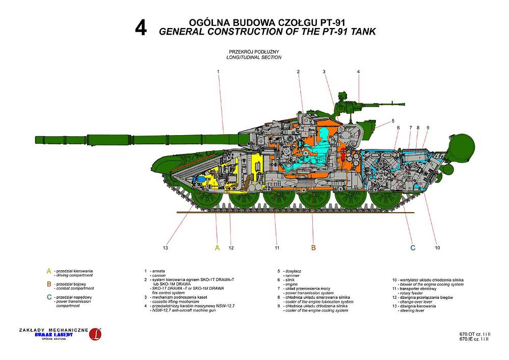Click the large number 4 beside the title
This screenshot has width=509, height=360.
coord(141,28)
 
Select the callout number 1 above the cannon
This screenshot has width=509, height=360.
coord(218,71)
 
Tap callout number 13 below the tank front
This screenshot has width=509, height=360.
coord(165,248)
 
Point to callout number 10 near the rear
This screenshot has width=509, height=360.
coord(437,248)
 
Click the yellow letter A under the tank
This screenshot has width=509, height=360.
coord(217,248)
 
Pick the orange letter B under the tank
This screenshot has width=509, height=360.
coord(313,248)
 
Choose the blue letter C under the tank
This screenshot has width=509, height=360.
coord(413,248)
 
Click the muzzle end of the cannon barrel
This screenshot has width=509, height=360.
coord(37,140)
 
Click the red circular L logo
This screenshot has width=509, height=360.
coord(94,335)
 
